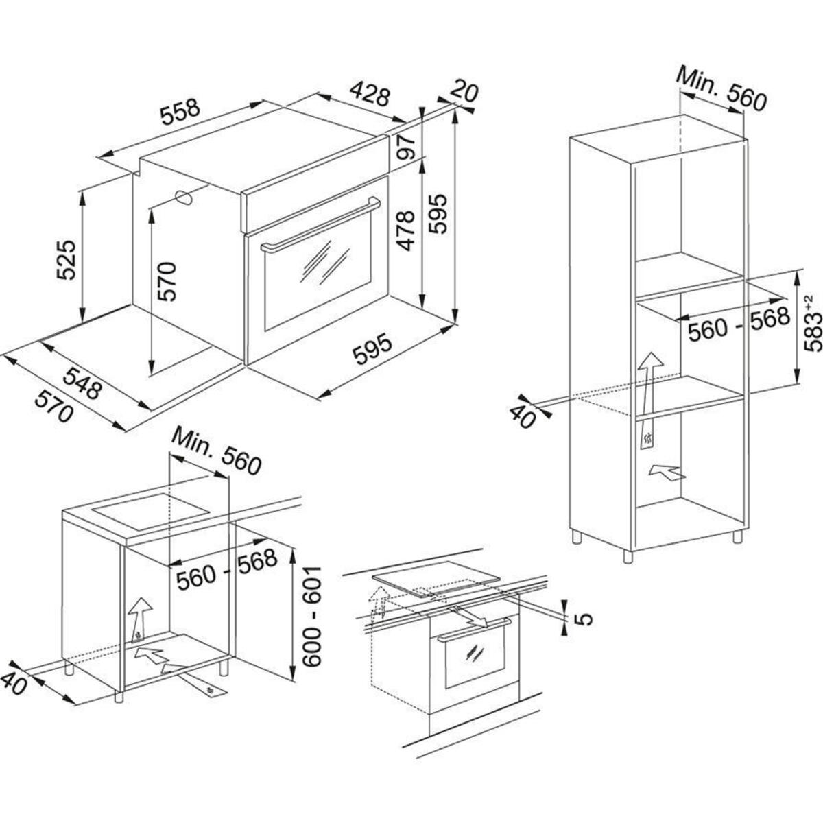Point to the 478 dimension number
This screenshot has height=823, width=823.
point(406,230)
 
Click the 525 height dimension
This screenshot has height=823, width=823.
point(66,259)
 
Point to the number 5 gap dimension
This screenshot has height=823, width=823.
point(582,619)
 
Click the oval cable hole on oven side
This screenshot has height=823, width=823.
point(184,198)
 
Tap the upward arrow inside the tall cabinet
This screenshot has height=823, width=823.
point(649,398)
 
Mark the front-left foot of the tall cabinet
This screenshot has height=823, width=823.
point(628,556)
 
